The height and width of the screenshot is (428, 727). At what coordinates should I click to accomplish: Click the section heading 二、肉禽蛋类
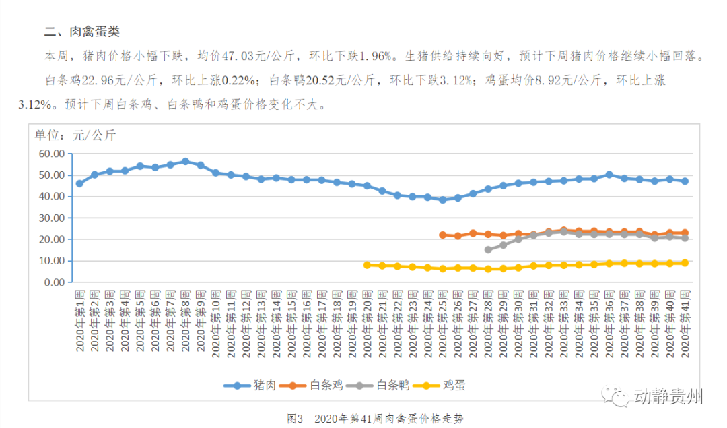click(x=81, y=32)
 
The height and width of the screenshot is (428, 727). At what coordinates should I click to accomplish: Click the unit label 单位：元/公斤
click(x=75, y=135)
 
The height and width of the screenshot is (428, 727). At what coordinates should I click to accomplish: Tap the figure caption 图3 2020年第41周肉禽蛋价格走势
click(x=375, y=419)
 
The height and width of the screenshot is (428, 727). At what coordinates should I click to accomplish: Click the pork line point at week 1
click(x=79, y=183)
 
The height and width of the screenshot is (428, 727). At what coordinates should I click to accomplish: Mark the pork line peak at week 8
click(x=185, y=162)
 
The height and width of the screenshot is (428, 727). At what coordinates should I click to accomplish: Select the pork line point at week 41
click(x=685, y=181)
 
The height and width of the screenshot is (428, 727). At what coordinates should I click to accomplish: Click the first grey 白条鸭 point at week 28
click(x=488, y=249)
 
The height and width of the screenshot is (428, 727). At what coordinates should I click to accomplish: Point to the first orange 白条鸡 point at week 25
click(x=442, y=235)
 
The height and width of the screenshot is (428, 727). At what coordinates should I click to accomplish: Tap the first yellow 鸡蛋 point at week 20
click(x=367, y=265)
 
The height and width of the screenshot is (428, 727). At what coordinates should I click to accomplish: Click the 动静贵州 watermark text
click(x=668, y=397)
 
